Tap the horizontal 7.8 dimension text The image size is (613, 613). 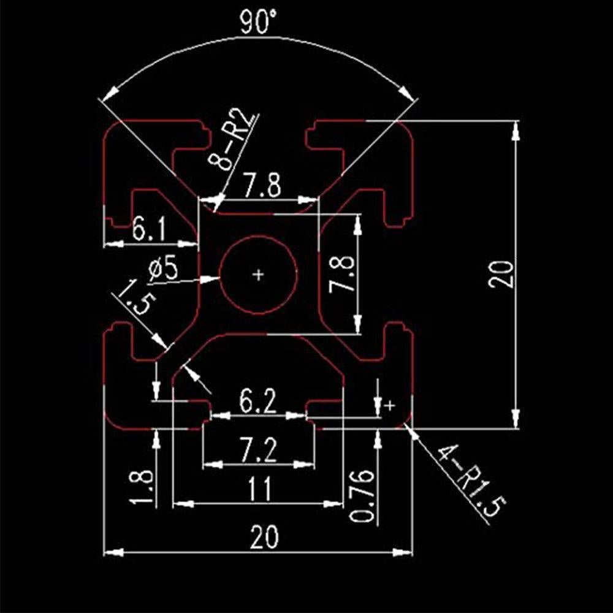tap(262, 185)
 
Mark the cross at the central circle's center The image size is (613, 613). tap(259, 274)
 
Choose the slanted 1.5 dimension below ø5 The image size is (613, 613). tap(131, 297)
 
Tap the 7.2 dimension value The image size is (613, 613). tap(258, 451)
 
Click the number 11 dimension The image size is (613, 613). tap(258, 490)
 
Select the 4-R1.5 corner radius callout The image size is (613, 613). tap(472, 481)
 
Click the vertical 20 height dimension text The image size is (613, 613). tap(500, 273)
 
